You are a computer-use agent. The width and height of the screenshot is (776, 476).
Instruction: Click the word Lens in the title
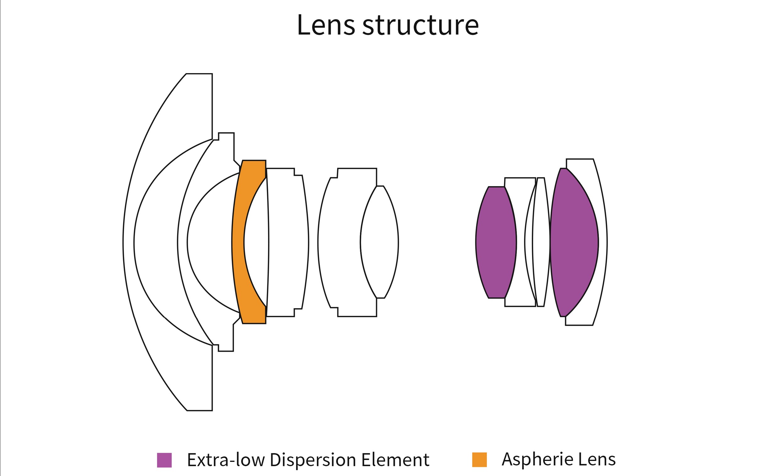[x=326, y=25]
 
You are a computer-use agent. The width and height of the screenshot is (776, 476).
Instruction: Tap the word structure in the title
[x=421, y=25]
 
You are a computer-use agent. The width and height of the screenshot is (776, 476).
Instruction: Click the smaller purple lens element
[x=496, y=243]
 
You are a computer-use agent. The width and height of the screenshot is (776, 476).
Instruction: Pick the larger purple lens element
[x=574, y=243]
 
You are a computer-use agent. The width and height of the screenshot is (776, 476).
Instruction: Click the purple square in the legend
[x=164, y=460]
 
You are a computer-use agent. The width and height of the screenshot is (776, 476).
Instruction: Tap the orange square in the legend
[x=479, y=460]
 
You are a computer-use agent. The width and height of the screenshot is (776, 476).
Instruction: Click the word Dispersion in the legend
[x=313, y=460]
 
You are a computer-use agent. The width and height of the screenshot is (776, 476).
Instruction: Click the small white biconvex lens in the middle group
[x=380, y=243]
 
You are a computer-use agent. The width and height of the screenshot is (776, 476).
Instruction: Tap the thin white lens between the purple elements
[x=541, y=243]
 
